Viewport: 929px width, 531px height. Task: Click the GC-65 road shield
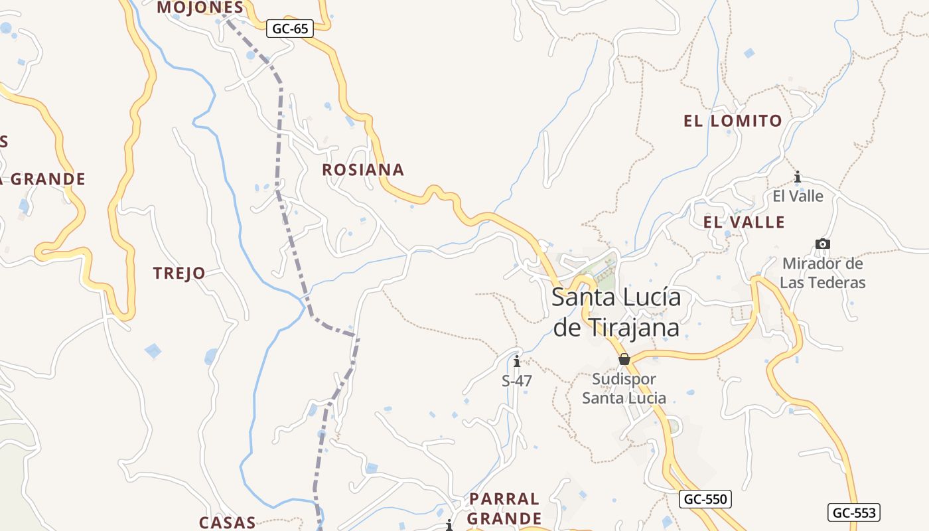[x=290, y=29]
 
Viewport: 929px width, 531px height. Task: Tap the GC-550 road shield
[x=705, y=499]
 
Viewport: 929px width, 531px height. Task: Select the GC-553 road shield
[x=855, y=512]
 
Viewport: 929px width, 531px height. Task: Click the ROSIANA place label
[x=363, y=170]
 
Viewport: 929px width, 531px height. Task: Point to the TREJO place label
[x=179, y=273]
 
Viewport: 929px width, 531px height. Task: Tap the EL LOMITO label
[x=733, y=121]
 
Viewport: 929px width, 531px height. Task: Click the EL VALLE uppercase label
[x=744, y=222]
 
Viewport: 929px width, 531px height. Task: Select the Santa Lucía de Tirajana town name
[x=616, y=312]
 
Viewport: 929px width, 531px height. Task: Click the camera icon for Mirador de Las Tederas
[x=823, y=244]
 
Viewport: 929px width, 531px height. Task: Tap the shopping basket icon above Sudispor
[x=624, y=359]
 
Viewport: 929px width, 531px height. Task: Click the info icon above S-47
[x=517, y=362]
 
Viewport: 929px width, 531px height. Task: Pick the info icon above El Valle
[x=798, y=177]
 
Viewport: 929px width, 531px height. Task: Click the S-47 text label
[x=517, y=381]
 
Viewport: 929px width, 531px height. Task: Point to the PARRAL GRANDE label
[x=505, y=508]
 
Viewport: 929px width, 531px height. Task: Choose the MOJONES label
[x=200, y=7]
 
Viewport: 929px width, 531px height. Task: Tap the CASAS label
[x=228, y=522]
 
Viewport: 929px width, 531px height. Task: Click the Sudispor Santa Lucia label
[x=624, y=388]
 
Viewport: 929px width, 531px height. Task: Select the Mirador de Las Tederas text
[x=823, y=273]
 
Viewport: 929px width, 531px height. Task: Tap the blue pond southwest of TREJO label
[x=153, y=350]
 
